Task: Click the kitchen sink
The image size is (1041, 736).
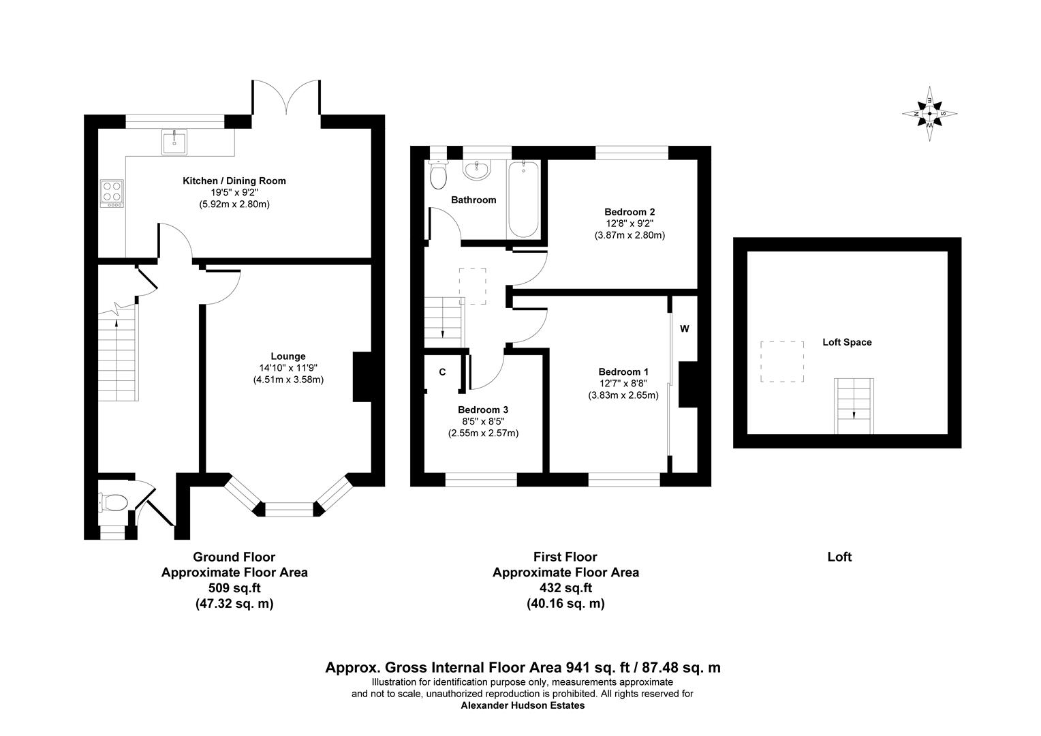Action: coord(174,142)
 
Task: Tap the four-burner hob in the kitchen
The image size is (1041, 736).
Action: coord(112,192)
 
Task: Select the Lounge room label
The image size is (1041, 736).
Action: coord(288,356)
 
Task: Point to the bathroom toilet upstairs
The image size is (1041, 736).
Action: coord(438,176)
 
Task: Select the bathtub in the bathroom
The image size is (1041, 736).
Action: coord(523,199)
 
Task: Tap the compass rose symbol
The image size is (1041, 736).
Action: coord(930,114)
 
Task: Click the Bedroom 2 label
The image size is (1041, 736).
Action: coord(630,212)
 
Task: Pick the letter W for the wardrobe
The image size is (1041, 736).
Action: coord(685,329)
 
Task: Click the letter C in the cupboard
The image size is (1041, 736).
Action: coord(442,372)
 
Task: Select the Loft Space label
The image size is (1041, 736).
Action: coord(847,342)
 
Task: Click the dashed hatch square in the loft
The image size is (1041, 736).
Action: coord(782,362)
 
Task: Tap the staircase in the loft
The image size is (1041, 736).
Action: coord(854,405)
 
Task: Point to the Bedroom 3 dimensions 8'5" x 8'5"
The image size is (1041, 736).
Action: coord(482,421)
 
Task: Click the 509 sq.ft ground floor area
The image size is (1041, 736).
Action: coord(234,587)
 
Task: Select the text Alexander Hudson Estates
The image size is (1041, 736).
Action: coord(523,706)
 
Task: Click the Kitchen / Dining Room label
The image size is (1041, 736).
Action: coord(234,181)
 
